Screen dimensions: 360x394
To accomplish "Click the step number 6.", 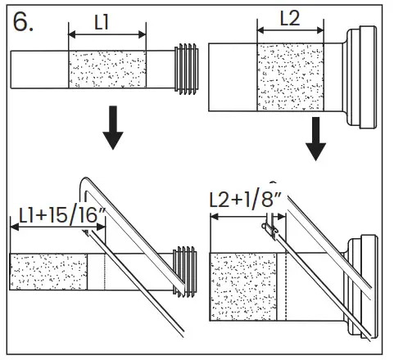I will [x=23, y=22].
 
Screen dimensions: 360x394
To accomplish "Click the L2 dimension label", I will [x=289, y=17].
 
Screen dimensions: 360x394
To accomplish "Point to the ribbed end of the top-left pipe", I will [x=189, y=67].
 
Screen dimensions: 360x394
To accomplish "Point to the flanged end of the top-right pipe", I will [x=360, y=77].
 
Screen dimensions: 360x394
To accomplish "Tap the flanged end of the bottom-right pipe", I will [x=365, y=287].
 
